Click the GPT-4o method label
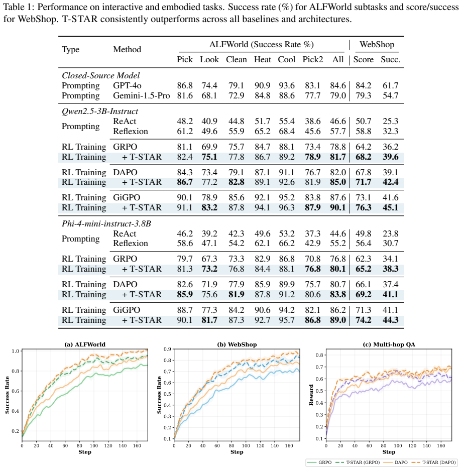point(127,86)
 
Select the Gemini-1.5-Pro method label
point(142,95)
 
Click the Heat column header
point(262,59)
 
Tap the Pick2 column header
point(313,59)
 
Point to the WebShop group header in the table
point(377,44)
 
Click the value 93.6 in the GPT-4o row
point(287,86)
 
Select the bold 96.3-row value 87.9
point(313,207)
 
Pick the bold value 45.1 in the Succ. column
point(390,207)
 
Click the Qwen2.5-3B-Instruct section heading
point(100,111)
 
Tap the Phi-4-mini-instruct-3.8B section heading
point(106,224)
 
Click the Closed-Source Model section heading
point(101,75)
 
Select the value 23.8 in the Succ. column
point(390,233)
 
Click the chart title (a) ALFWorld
point(85,344)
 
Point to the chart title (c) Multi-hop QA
point(389,344)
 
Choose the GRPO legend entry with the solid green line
point(320,462)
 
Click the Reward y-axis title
point(311,395)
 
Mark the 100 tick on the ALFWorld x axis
point(94,446)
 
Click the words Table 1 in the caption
point(19,7)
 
